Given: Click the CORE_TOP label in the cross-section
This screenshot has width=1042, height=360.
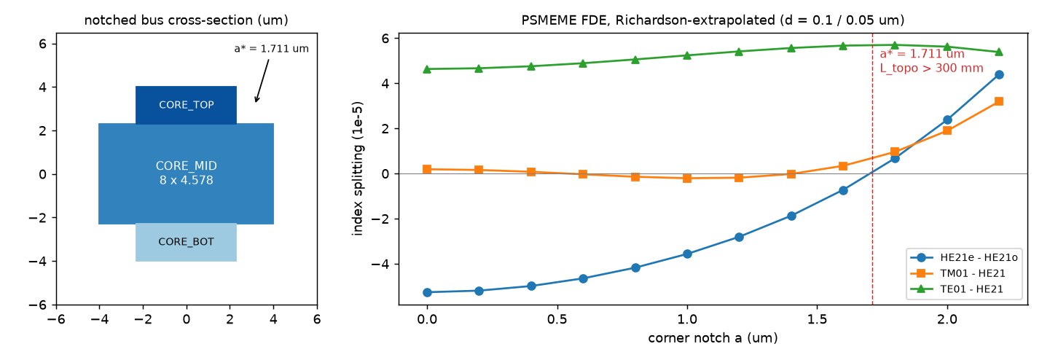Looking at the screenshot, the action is click(186, 105).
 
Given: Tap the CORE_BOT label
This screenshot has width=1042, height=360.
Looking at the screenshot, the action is click(186, 242).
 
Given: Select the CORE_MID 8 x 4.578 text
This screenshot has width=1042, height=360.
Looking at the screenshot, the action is click(186, 173).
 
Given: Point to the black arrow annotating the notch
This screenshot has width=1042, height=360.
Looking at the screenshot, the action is click(262, 80).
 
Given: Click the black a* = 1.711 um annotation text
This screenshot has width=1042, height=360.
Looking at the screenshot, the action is click(271, 48).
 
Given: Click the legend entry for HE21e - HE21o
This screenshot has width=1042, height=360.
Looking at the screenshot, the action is click(964, 257).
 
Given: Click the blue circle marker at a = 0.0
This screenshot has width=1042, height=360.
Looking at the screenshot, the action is click(427, 292).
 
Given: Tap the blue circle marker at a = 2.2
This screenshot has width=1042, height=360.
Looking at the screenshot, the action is click(999, 75).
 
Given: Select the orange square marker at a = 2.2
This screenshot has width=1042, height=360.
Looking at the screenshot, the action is click(999, 101).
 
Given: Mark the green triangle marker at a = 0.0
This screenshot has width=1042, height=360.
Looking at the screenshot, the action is click(427, 69).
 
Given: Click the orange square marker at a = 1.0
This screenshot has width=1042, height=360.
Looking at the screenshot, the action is click(687, 178).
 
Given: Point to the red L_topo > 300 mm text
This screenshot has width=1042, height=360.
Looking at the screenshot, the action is click(931, 69).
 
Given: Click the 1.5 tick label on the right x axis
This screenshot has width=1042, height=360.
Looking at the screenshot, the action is click(818, 319).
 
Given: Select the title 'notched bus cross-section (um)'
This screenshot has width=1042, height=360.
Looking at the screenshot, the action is click(186, 20).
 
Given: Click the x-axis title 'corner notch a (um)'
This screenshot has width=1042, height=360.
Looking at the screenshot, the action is click(713, 337).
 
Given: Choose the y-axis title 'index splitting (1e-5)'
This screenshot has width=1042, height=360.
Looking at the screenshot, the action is click(357, 168).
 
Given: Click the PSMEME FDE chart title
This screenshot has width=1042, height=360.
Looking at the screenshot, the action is click(713, 20).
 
